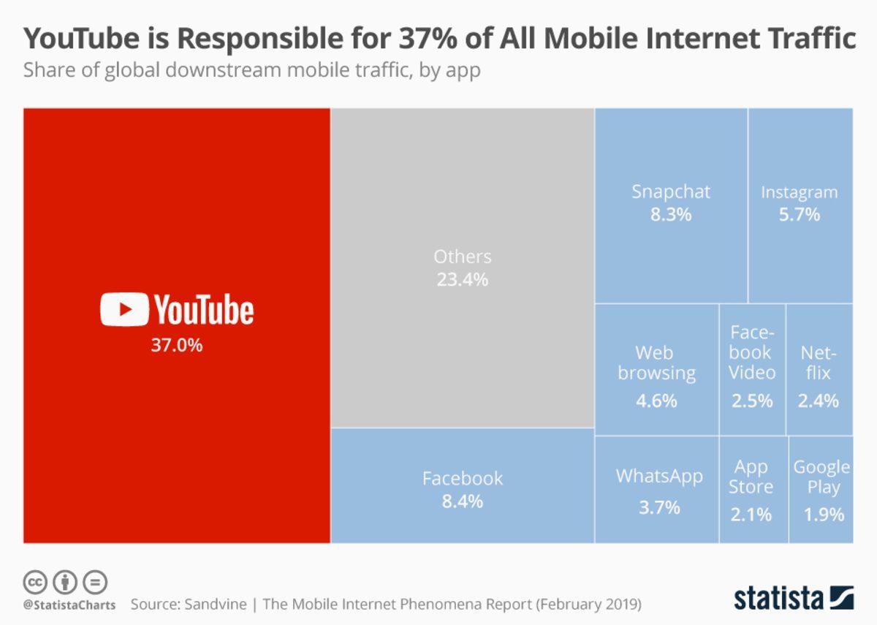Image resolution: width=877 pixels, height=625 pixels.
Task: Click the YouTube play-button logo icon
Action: [x=124, y=309]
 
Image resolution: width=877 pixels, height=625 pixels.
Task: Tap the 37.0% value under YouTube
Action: [x=176, y=345]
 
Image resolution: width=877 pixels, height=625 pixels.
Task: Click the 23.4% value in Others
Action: [x=462, y=279]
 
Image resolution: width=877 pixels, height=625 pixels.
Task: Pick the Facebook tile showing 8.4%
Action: [x=462, y=486]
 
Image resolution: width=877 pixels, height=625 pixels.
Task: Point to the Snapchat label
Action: [x=670, y=192]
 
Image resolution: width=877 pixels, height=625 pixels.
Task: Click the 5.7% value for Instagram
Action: [x=799, y=215]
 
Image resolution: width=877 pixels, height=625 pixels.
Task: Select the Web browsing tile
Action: [x=656, y=369]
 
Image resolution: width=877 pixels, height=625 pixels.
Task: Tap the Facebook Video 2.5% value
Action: [x=751, y=401]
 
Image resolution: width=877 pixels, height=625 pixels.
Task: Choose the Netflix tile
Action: [x=819, y=369]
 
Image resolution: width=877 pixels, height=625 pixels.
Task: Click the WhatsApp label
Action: [x=658, y=477]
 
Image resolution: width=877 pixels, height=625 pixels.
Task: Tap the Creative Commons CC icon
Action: [x=35, y=583]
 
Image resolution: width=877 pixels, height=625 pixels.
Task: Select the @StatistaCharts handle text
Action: [x=68, y=605]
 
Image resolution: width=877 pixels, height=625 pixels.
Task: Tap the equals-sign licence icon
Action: [x=95, y=583]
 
